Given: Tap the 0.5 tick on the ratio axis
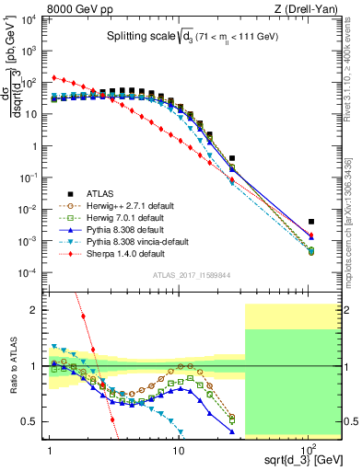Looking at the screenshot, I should coord(37,421).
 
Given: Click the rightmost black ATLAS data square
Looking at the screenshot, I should coord(311,222).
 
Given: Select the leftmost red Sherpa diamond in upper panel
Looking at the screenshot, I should coord(54,77).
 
